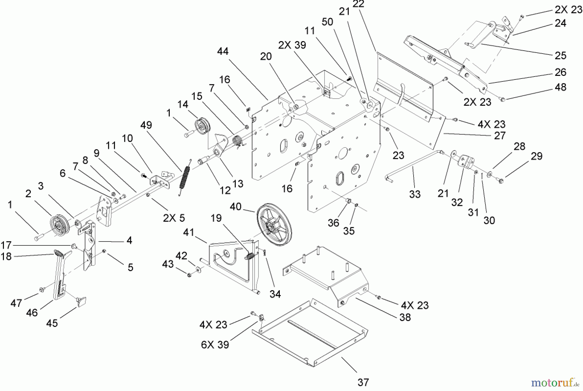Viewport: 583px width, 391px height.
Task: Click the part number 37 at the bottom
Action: point(363,383)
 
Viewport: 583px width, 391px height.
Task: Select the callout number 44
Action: point(223,51)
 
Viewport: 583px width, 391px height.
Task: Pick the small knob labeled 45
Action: point(81,301)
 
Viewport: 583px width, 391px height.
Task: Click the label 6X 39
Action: point(215,344)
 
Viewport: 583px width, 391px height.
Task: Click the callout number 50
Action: point(327,22)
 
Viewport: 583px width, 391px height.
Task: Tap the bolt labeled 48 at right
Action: point(502,99)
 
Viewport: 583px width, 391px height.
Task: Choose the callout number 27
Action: point(499,136)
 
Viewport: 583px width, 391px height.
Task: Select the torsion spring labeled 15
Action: point(238,141)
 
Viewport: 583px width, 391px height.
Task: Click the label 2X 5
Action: point(174,218)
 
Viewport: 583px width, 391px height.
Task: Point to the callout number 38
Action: point(405,317)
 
